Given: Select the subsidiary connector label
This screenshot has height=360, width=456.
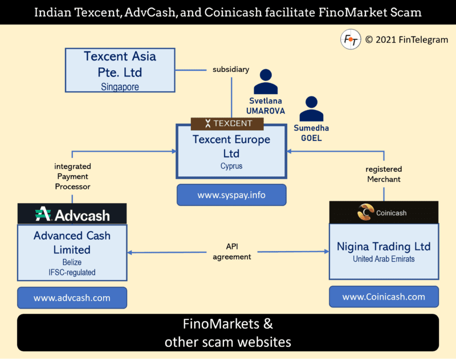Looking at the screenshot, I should pyautogui.click(x=231, y=69).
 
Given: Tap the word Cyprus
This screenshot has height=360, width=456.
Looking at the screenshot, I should pyautogui.click(x=231, y=167).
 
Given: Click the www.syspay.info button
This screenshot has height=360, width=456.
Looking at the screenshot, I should pyautogui.click(x=231, y=195).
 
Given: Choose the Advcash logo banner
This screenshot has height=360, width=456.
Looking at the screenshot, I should pyautogui.click(x=72, y=215).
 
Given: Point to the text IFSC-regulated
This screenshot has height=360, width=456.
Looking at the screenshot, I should pyautogui.click(x=72, y=272).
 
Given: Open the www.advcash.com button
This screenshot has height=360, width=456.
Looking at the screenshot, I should pyautogui.click(x=72, y=298).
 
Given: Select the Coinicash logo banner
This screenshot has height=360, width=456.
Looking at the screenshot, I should pyautogui.click(x=384, y=212).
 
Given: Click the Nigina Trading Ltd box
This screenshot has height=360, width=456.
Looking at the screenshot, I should pyautogui.click(x=384, y=251).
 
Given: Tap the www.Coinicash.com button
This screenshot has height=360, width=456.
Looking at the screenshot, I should pyautogui.click(x=384, y=297).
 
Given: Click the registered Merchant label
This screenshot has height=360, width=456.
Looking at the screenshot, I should pyautogui.click(x=384, y=174).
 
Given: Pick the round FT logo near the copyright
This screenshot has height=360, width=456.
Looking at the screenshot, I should pyautogui.click(x=350, y=40).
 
